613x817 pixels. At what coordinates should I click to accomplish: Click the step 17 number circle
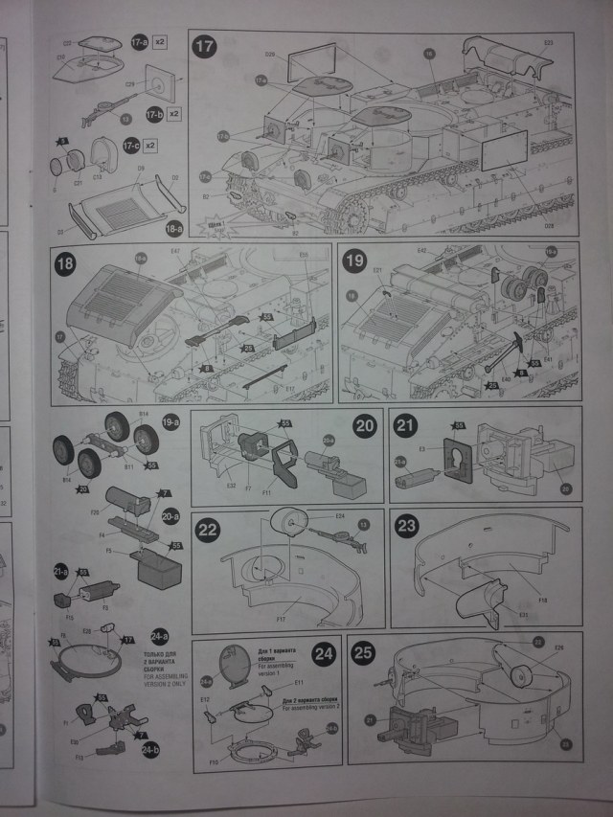(205, 45)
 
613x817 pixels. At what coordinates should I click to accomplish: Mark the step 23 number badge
(407, 526)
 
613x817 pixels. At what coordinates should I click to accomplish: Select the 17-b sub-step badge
(152, 114)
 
